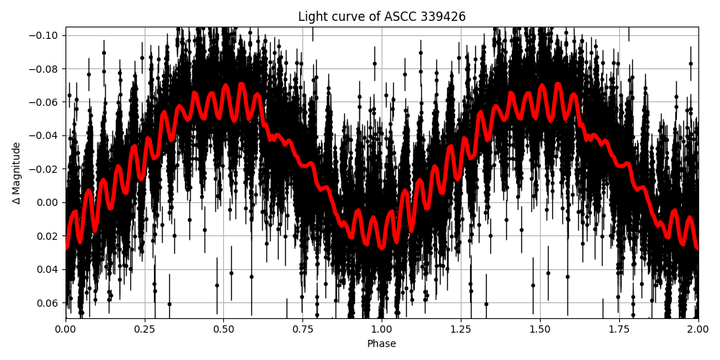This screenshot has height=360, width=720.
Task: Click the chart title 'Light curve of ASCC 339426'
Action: pos(382,17)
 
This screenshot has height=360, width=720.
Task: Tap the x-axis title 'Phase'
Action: pos(382,344)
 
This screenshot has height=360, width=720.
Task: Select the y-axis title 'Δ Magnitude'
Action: pos(17,173)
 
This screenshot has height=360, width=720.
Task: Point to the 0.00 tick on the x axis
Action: pos(66,330)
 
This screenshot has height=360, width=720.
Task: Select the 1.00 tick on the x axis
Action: pos(382,330)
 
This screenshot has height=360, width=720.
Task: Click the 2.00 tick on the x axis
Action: pos(698,330)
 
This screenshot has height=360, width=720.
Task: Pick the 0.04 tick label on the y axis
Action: pos(48,269)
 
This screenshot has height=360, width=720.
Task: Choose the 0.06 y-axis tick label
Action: pos(48,302)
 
